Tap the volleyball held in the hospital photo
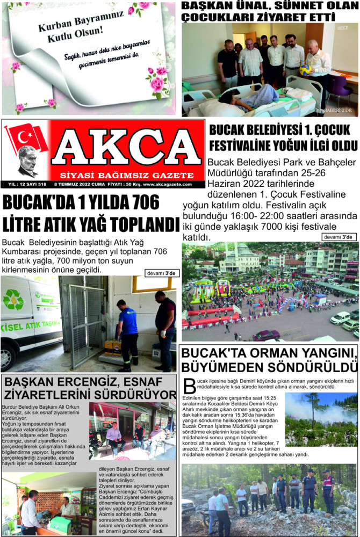click(x=306, y=69)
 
